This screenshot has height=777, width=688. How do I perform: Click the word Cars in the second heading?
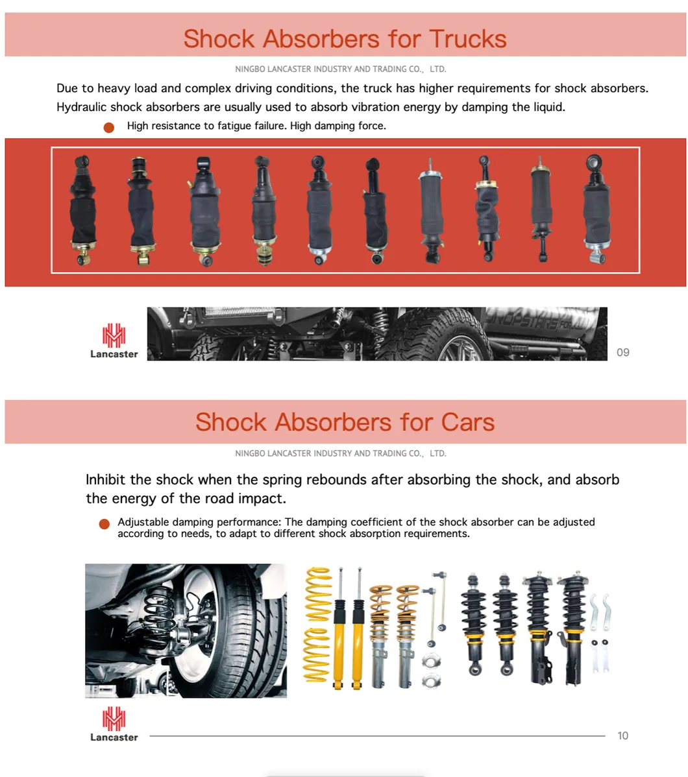(467, 422)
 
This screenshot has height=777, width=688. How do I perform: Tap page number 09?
(622, 352)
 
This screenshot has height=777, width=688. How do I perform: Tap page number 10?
(622, 735)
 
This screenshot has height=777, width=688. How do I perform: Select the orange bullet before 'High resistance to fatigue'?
(109, 127)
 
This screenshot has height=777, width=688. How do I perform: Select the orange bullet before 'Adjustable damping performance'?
(104, 524)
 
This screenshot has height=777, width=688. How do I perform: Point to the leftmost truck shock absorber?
(82, 211)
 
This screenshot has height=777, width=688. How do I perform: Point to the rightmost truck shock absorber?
(595, 209)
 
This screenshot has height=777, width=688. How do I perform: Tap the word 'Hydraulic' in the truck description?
(81, 107)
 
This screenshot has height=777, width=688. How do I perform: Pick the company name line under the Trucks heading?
(340, 69)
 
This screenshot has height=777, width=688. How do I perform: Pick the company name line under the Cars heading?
(340, 453)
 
